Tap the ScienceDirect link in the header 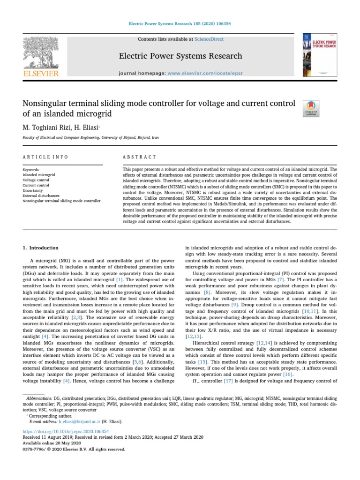pos(210,39)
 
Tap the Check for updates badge pos(312,108)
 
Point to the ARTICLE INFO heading pos(45,157)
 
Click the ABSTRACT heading pos(139,157)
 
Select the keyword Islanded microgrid pos(39,174)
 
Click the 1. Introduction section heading pos(41,248)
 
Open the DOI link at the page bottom pos(66,431)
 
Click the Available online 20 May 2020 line pos(52,443)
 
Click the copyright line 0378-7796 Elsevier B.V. pos(74,449)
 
